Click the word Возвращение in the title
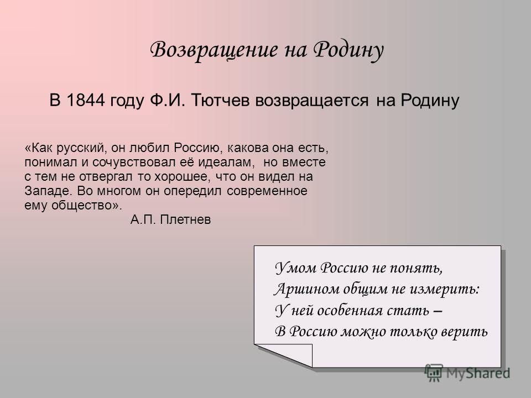point(214,50)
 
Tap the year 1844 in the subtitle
point(86,100)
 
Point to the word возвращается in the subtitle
point(311,101)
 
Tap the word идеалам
point(226,163)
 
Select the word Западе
point(49,191)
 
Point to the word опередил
point(192,191)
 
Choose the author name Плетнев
point(185,220)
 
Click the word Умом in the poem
point(295,268)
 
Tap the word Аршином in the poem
point(307,289)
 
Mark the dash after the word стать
point(438,311)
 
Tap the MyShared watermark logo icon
point(434,373)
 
